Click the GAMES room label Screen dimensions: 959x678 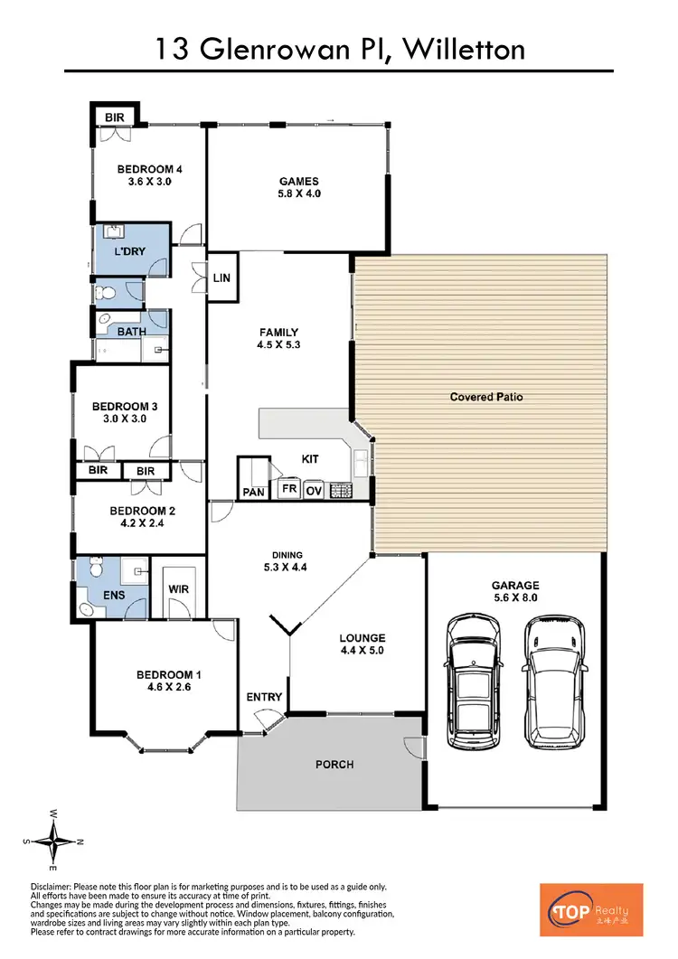(x=298, y=182)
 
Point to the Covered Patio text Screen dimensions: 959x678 (x=486, y=397)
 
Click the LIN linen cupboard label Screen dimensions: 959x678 (x=221, y=279)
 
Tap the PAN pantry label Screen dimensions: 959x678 (x=252, y=492)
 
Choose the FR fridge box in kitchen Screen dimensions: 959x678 (x=289, y=489)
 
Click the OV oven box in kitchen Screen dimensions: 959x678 (x=314, y=489)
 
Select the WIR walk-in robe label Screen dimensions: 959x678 (x=179, y=590)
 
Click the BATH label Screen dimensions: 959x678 (x=132, y=331)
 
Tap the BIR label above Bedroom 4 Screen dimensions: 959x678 (x=115, y=117)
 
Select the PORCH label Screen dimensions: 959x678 (x=334, y=765)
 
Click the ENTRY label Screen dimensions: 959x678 (x=265, y=697)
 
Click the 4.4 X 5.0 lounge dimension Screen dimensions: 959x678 (x=363, y=650)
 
